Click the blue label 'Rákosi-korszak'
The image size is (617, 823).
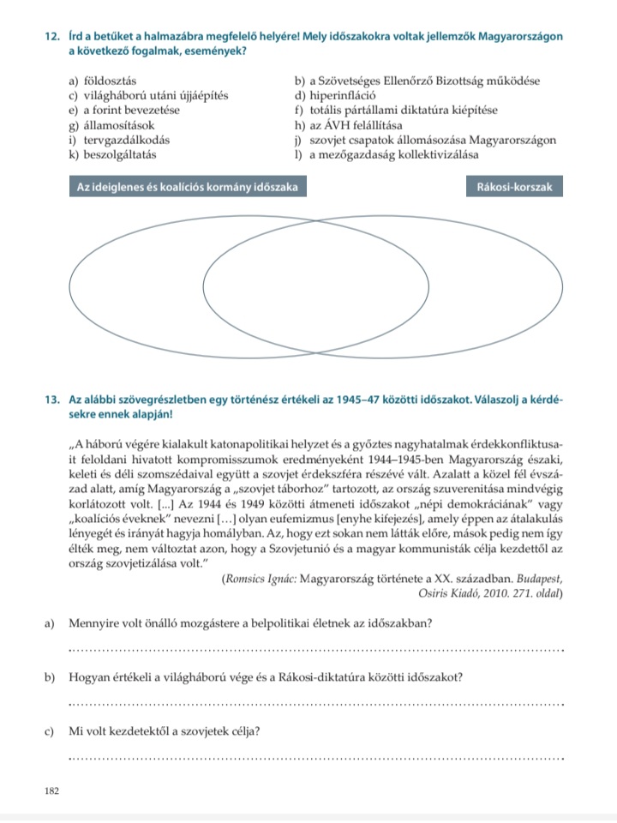pos(514,186)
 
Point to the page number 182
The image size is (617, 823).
pos(51,790)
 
